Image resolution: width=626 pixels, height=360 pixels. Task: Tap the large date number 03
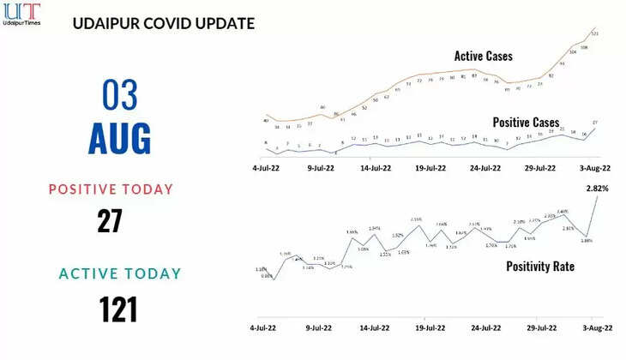pos(119,93)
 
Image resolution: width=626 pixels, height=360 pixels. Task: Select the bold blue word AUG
pos(119,138)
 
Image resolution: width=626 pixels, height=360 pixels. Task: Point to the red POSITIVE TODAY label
pos(111,189)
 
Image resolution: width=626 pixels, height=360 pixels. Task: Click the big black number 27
pos(109,220)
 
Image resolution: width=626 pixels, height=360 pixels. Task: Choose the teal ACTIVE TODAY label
pos(120,273)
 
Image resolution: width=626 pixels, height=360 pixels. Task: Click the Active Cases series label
pos(483,56)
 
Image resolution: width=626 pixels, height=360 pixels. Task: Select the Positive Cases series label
pos(526,123)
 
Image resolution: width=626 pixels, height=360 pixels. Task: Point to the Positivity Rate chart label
pos(539,267)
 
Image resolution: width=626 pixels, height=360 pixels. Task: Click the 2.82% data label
pos(598,188)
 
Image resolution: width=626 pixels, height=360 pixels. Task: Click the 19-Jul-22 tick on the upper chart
pos(430,169)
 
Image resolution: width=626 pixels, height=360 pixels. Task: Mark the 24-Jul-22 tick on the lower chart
pos(485,328)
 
